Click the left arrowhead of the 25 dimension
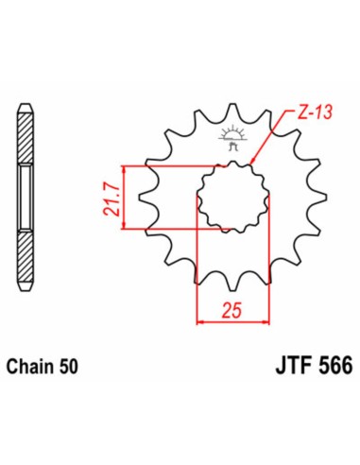point(199,322)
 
